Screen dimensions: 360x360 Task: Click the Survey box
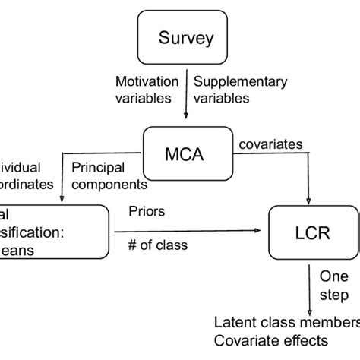[187, 36]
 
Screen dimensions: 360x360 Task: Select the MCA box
[187, 154]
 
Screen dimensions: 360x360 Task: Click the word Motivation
[147, 81]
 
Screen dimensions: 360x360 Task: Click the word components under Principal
[109, 183]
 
